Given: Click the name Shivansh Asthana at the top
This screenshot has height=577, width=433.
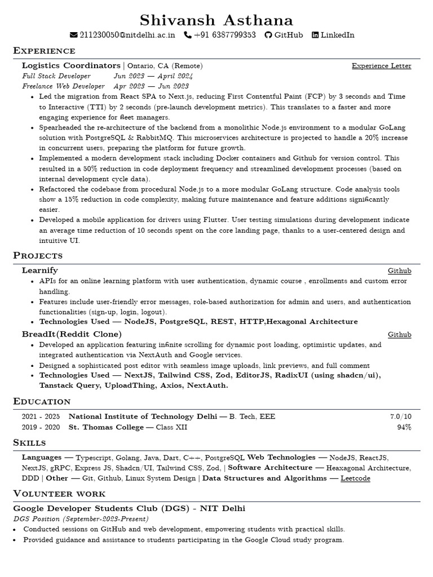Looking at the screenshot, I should (x=216, y=21).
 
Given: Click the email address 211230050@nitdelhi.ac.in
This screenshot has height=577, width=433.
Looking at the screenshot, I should (x=127, y=35).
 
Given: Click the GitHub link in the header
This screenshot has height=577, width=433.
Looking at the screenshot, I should (x=288, y=35).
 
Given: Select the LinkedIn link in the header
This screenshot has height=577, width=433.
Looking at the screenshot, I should (x=337, y=35).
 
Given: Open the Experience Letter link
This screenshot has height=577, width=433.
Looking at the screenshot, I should (x=381, y=66).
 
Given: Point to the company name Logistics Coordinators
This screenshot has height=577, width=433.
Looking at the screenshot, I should (x=71, y=65).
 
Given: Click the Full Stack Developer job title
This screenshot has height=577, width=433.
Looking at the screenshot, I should (x=56, y=76).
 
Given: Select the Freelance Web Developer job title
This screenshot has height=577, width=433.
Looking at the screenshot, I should (x=63, y=86).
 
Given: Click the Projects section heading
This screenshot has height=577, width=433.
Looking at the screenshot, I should (x=37, y=256).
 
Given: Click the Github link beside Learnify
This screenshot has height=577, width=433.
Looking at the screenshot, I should (x=399, y=271).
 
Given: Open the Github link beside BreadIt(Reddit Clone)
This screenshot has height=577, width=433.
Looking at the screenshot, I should (x=399, y=335).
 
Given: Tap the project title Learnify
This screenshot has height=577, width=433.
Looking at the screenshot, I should (x=39, y=270).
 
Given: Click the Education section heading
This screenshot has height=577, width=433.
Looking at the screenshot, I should (x=42, y=401).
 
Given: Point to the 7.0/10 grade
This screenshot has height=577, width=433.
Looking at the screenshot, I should (x=400, y=416).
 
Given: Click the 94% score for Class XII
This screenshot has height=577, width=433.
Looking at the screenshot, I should (x=404, y=427).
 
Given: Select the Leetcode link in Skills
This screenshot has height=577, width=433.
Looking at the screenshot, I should (x=355, y=478).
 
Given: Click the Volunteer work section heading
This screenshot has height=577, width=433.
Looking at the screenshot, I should (x=59, y=494).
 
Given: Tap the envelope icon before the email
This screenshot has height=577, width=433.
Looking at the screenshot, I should (x=73, y=35).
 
